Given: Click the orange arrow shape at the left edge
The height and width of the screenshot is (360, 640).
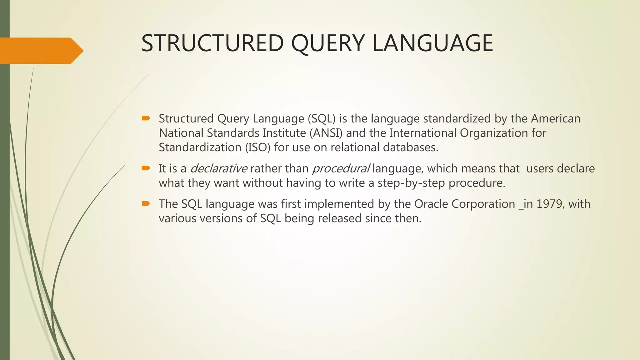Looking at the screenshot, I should [41, 51].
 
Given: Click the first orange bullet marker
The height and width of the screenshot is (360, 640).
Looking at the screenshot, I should [146, 118].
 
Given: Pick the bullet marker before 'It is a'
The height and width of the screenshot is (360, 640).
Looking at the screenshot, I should [146, 168].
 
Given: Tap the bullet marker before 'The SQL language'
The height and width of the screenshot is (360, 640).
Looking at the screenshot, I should [146, 204].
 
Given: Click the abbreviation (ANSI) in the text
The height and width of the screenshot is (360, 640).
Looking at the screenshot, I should [326, 133].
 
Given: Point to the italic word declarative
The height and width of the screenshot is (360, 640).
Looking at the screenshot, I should [219, 169].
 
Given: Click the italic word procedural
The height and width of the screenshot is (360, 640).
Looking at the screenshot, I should [341, 169].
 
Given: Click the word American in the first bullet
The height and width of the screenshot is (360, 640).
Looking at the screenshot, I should [555, 119].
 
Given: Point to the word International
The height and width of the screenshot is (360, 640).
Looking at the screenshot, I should [422, 133].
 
